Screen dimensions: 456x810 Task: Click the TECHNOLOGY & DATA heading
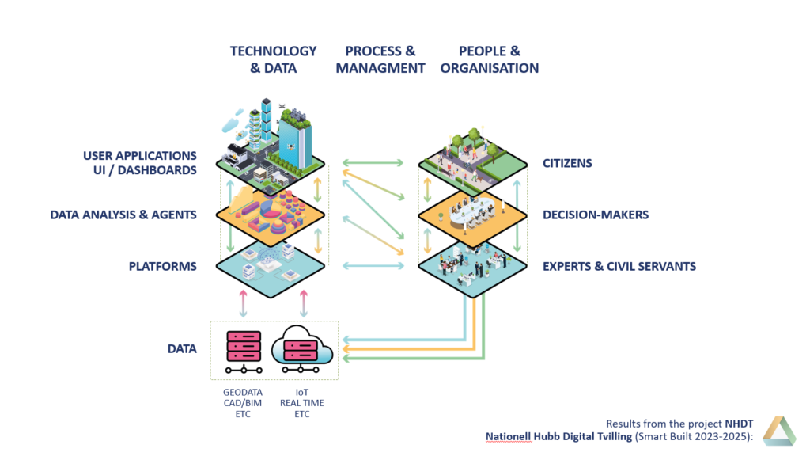click(x=273, y=59)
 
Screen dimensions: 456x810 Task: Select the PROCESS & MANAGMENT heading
click(x=380, y=59)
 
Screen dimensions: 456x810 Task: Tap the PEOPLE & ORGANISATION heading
click(x=490, y=59)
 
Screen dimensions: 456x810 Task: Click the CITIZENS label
click(x=567, y=164)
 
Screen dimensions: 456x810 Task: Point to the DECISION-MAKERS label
click(x=596, y=215)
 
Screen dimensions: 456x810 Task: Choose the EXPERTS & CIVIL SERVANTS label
click(x=619, y=266)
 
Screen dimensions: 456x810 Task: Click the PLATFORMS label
click(x=162, y=266)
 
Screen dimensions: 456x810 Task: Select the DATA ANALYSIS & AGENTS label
click(x=123, y=215)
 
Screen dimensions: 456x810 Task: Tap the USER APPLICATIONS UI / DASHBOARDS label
click(x=139, y=162)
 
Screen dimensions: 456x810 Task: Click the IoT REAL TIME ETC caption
click(x=302, y=403)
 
